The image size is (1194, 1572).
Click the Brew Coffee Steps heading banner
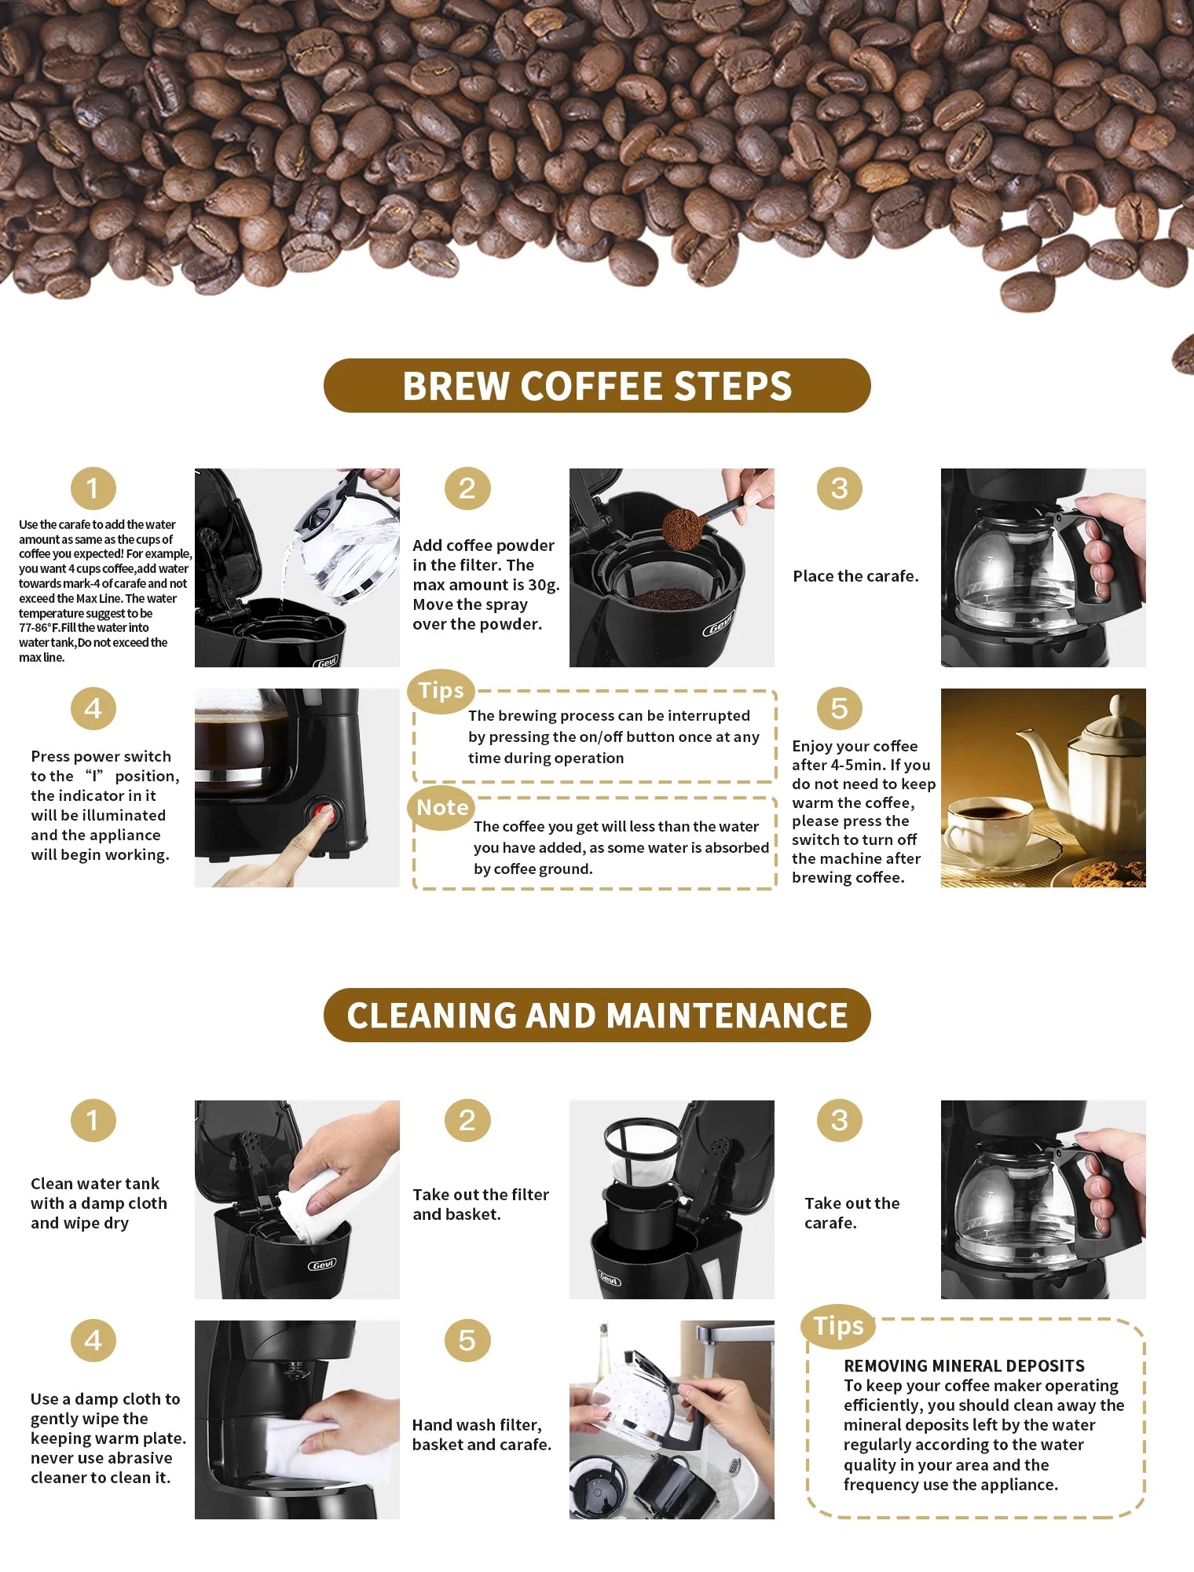point(597,385)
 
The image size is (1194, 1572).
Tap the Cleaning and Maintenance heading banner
point(597,1015)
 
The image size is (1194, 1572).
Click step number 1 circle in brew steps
point(93,488)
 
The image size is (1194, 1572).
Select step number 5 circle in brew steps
point(839,708)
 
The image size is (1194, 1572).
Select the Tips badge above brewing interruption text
point(441,690)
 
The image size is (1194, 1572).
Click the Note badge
point(442,807)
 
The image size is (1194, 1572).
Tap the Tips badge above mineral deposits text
point(838,1325)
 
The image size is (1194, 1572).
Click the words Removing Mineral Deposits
point(964,1365)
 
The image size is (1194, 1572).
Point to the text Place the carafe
point(855,576)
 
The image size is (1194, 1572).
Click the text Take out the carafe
point(852,1213)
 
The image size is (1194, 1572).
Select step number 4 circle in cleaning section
point(93,1340)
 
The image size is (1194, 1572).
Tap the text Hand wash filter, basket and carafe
point(481,1434)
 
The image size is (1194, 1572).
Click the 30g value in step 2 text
point(543,585)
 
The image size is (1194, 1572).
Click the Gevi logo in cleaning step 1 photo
point(322,1264)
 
